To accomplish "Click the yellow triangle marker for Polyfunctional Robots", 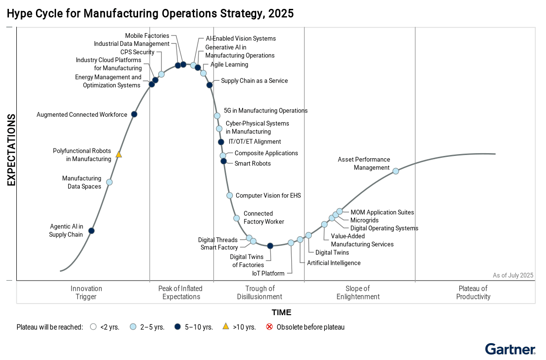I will pyautogui.click(x=119, y=154).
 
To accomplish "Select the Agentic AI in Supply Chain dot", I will pyautogui.click(x=91, y=231).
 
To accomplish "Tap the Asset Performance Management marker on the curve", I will pyautogui.click(x=395, y=171).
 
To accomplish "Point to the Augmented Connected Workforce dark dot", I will pyautogui.click(x=134, y=114).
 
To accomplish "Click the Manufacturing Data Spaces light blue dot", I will pyautogui.click(x=109, y=182).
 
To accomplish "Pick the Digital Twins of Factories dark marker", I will pyautogui.click(x=270, y=246).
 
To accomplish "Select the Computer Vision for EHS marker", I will pyautogui.click(x=229, y=196).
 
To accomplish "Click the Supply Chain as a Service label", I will pyautogui.click(x=254, y=81).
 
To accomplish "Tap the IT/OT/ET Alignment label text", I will pyautogui.click(x=255, y=141).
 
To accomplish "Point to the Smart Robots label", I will pyautogui.click(x=252, y=163).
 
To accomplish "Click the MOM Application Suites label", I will pyautogui.click(x=382, y=212).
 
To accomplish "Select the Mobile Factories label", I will pyautogui.click(x=147, y=36).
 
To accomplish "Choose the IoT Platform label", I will pyautogui.click(x=268, y=273).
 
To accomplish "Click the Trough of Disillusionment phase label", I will pyautogui.click(x=259, y=292).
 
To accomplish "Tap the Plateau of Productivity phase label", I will pyautogui.click(x=473, y=292).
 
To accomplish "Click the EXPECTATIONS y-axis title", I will pyautogui.click(x=11, y=150).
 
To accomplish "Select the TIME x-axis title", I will pyautogui.click(x=281, y=312).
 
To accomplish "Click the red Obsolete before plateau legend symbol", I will pyautogui.click(x=269, y=327).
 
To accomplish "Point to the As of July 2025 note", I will pyautogui.click(x=513, y=275).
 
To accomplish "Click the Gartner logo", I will pyautogui.click(x=510, y=349).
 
